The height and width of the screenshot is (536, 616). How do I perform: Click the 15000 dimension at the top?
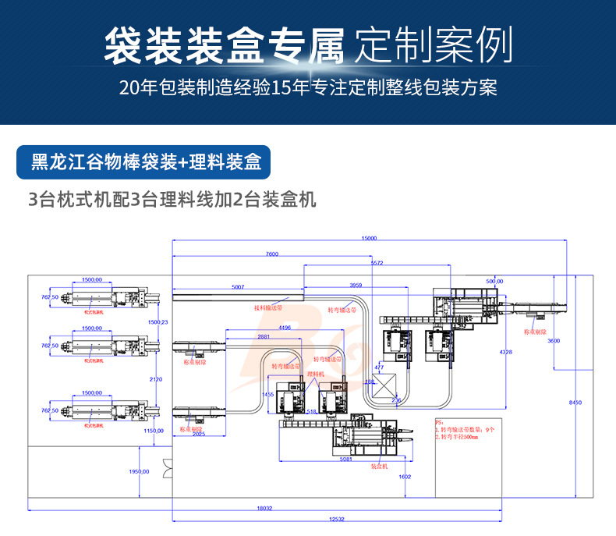(x=369, y=238)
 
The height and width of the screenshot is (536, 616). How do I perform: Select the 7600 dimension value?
(x=271, y=254)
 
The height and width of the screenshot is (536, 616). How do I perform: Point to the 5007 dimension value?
(x=238, y=287)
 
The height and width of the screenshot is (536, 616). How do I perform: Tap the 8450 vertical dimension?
(x=575, y=402)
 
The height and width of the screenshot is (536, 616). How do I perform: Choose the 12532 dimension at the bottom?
(x=336, y=519)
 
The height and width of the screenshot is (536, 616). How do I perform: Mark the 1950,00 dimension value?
(x=139, y=472)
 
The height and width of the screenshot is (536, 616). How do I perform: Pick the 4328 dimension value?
(x=507, y=352)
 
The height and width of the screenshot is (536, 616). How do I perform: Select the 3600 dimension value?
(x=554, y=341)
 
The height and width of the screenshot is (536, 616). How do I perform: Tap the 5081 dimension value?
(x=346, y=459)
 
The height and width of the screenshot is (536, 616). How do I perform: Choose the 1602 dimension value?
(x=404, y=476)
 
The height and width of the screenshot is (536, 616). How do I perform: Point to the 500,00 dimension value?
(x=494, y=281)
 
